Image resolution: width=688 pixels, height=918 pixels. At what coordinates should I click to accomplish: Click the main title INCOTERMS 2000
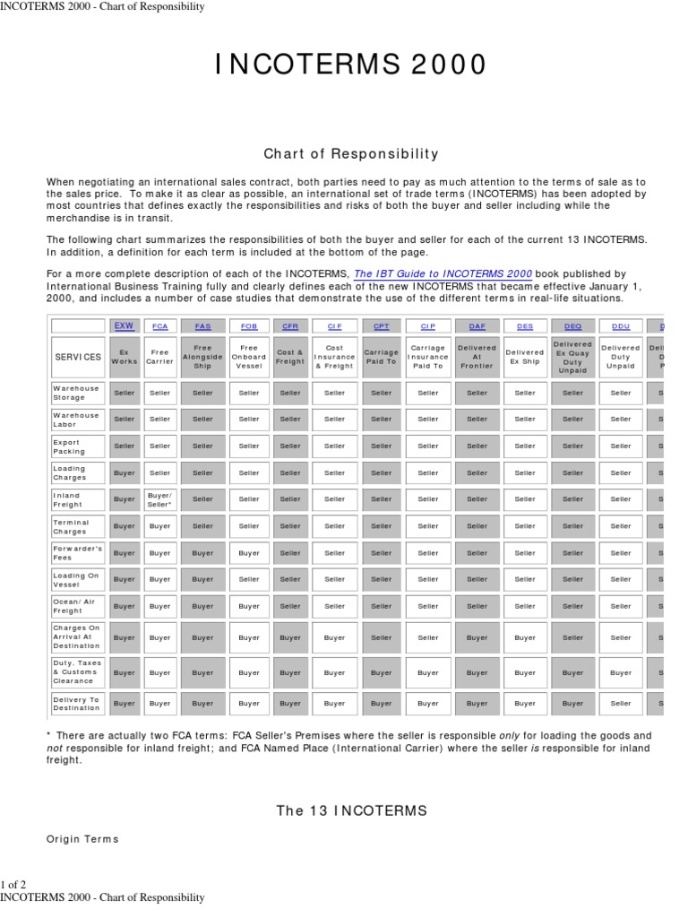tap(351, 65)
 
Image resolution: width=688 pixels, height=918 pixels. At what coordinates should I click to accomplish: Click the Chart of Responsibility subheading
tap(351, 153)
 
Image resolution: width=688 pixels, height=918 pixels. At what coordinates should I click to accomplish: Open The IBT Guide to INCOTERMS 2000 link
tap(443, 273)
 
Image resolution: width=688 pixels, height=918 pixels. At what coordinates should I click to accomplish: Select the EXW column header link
tap(125, 326)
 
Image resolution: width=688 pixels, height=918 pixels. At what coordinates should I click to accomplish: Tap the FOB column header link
tap(249, 326)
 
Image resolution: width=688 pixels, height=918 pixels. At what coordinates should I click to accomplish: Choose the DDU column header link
tap(620, 326)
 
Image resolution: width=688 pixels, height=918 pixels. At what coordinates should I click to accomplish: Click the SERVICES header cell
tap(78, 357)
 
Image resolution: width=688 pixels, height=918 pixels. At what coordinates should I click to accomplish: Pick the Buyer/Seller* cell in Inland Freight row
tap(159, 499)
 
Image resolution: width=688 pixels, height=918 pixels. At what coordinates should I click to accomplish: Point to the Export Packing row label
tap(78, 446)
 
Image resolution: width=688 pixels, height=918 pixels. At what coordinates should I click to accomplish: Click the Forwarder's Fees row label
tap(78, 553)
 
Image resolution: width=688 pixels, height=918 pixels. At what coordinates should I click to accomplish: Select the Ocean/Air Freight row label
tap(78, 606)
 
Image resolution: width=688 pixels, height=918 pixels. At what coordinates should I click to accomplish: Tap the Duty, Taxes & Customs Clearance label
tap(78, 671)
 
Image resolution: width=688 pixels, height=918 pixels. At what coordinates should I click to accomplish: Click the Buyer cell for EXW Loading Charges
tap(125, 472)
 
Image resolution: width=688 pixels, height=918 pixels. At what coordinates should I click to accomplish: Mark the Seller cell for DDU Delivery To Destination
tap(620, 704)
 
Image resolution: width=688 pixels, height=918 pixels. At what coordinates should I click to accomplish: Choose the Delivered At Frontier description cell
tap(477, 357)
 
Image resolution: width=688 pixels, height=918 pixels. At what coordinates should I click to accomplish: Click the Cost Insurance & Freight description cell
tap(334, 357)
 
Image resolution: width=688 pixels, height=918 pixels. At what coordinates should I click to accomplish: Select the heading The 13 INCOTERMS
tap(351, 810)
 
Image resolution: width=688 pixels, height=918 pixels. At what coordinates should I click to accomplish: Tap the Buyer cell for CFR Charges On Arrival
tap(290, 638)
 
